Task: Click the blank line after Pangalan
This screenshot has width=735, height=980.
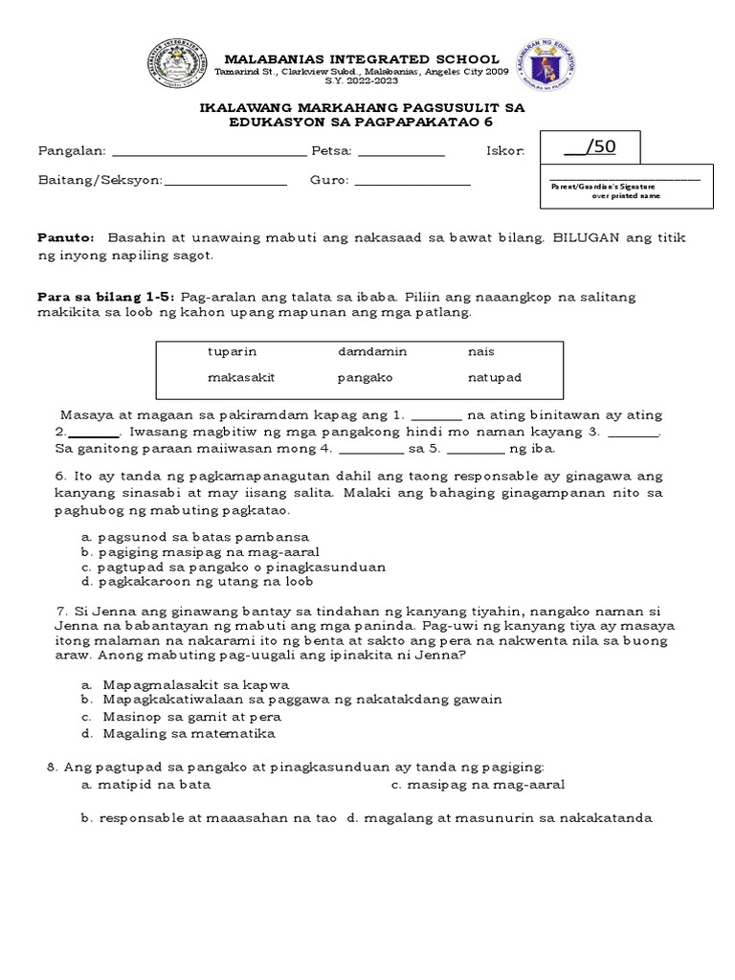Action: pos(210,152)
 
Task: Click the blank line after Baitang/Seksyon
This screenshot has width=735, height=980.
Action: pos(226,181)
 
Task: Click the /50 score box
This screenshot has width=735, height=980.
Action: pos(589,147)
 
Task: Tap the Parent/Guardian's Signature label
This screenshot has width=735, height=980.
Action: pos(603,187)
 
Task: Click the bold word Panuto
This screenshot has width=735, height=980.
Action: pos(66,237)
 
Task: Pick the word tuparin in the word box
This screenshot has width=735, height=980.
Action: pos(233,352)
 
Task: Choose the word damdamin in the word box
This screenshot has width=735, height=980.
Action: pos(372,352)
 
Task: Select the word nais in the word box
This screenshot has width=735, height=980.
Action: pos(480,352)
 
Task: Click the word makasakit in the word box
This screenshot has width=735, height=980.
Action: pos(241,377)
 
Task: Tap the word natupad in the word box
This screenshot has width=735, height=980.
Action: pos(494,377)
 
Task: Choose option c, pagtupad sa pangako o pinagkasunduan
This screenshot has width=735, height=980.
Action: pos(234,567)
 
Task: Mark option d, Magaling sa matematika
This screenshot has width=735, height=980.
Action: pos(179,734)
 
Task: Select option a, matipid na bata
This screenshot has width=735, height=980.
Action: pos(145,785)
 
